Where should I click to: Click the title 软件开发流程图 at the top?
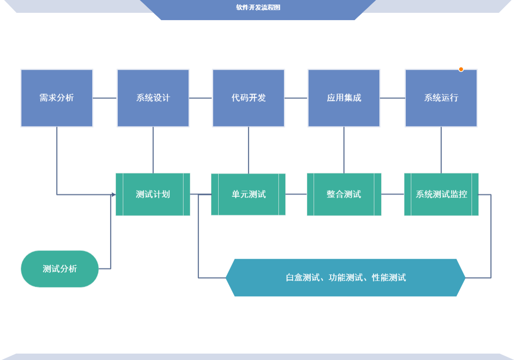258,7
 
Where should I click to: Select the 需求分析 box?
57,98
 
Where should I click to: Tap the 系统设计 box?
153,98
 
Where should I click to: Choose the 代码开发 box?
248,98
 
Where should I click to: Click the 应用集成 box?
344,98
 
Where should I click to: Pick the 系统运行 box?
441,98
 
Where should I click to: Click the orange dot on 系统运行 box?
461,69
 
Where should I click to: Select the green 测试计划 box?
153,194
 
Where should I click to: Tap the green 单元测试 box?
248,194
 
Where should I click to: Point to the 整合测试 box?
344,194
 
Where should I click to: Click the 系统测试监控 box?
441,194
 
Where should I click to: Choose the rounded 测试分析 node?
60,269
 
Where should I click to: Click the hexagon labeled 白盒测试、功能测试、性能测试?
346,277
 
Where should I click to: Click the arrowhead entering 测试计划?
114,195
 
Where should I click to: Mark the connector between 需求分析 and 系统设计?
105,98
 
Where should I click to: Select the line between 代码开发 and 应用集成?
296,98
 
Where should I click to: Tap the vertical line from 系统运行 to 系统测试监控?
441,150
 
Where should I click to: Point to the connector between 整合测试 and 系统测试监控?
393,194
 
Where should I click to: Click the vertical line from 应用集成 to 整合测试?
344,150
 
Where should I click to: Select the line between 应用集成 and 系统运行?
392,98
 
